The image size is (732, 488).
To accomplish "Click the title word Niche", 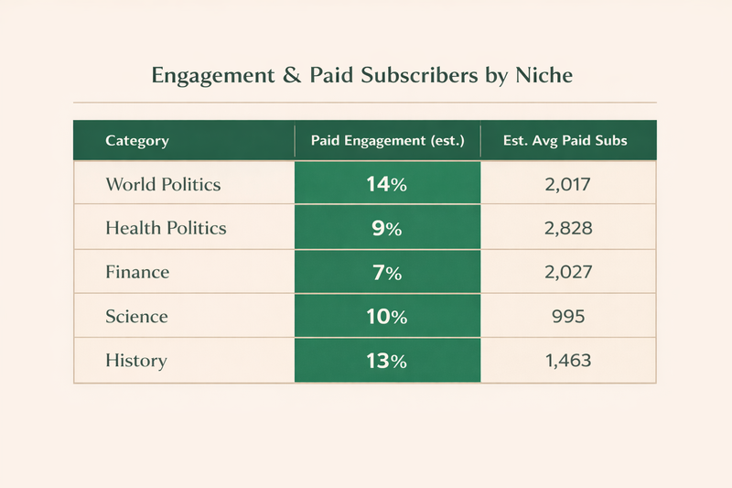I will (544, 76).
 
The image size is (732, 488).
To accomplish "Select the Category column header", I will (137, 141).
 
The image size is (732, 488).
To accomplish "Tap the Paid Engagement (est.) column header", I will (388, 141).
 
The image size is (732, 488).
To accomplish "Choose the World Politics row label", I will (163, 184).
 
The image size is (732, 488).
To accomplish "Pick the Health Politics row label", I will (166, 228).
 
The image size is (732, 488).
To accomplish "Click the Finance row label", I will (137, 272).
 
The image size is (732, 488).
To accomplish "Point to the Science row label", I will (136, 316).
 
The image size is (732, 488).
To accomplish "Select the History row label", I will (135, 360).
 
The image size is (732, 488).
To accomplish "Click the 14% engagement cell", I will (386, 184).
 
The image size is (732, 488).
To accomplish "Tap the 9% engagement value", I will (386, 228).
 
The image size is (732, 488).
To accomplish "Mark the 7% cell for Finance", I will (386, 272).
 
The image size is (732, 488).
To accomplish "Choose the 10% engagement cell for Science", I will (386, 316).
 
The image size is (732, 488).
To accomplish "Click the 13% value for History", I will (386, 360).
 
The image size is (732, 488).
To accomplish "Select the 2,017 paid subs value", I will (567, 184).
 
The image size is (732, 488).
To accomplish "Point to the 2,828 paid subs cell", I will (567, 228).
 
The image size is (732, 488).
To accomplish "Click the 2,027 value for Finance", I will (567, 272).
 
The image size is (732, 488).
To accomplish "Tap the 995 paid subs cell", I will (567, 316).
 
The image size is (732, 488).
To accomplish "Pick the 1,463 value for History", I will (567, 360).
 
